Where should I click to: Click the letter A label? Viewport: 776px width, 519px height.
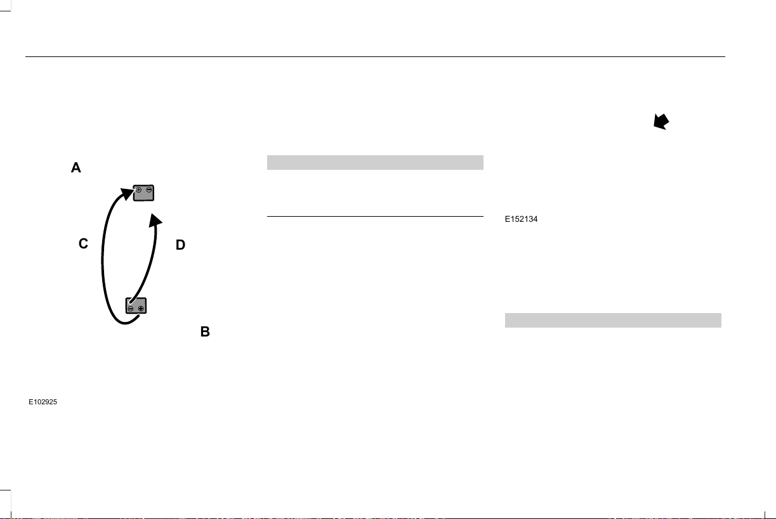pyautogui.click(x=76, y=167)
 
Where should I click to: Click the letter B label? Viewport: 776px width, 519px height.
pyautogui.click(x=205, y=331)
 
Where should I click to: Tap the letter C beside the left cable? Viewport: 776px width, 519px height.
pyautogui.click(x=83, y=243)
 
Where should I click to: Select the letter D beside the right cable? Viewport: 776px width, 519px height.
pyautogui.click(x=180, y=245)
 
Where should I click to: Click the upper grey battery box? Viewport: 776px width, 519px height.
pyautogui.click(x=143, y=193)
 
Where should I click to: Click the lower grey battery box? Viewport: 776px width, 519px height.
pyautogui.click(x=136, y=305)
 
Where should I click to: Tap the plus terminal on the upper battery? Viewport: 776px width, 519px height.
pyautogui.click(x=138, y=189)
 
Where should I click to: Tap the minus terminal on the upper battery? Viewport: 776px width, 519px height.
pyautogui.click(x=149, y=189)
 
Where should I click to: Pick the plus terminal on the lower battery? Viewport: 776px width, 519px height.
pyautogui.click(x=141, y=309)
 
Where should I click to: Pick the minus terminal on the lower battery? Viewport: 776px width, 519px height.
pyautogui.click(x=131, y=309)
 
